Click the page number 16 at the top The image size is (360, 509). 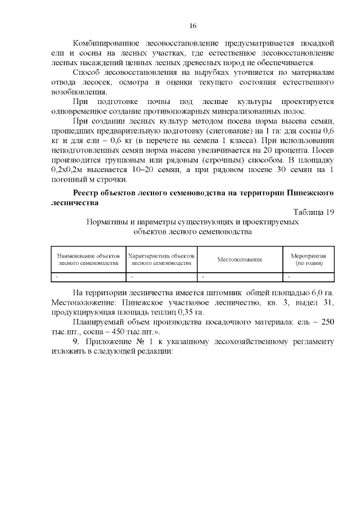coord(192,26)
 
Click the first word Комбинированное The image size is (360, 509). coord(107,43)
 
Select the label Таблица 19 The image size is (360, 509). coord(314,211)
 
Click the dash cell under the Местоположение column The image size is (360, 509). coord(204,276)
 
